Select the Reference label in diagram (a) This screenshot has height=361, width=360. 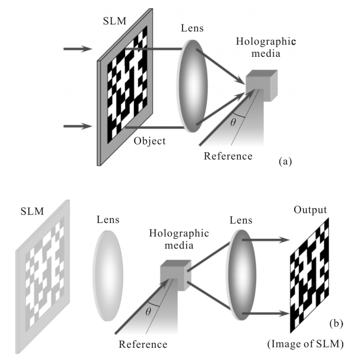(228, 156)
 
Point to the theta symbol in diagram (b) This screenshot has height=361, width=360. (148, 311)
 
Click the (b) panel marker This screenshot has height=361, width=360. (336, 322)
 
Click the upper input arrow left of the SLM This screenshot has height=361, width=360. (77, 49)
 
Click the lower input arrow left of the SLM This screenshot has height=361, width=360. (77, 126)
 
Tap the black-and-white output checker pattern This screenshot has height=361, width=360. (309, 274)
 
